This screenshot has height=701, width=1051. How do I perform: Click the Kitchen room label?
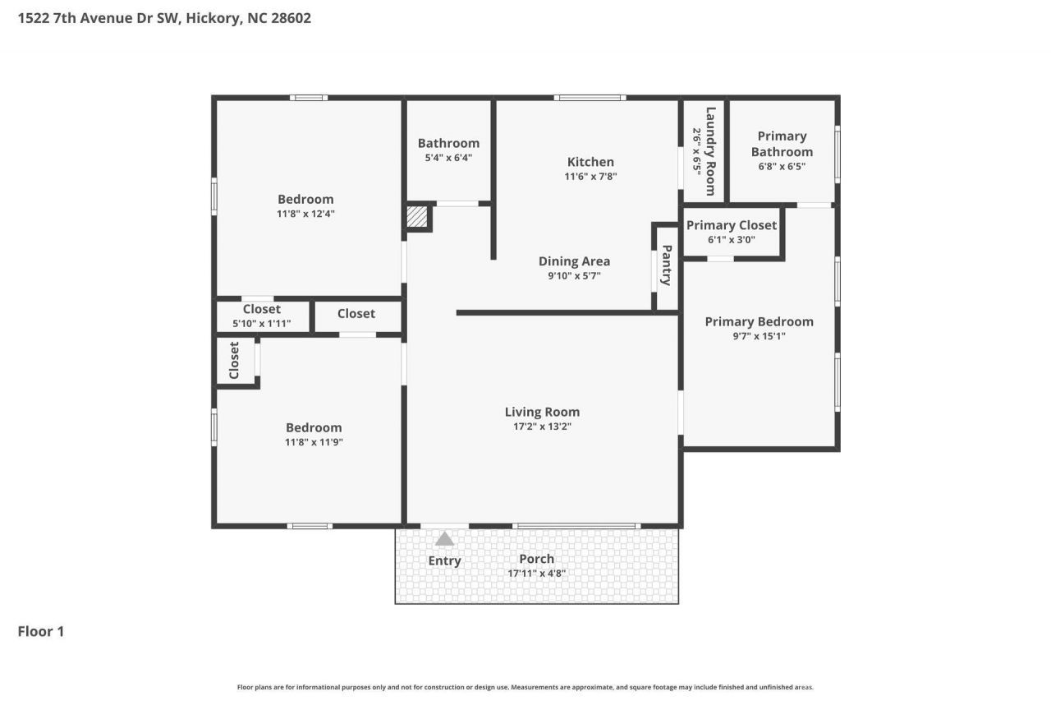click(x=590, y=162)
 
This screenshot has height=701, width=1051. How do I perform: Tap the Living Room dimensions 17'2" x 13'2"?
click(x=542, y=427)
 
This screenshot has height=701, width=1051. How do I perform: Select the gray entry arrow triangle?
click(x=444, y=538)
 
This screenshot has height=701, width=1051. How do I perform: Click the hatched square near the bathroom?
click(x=416, y=217)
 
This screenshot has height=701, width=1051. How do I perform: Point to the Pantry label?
click(x=666, y=265)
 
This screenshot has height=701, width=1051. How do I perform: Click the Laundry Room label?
click(x=710, y=151)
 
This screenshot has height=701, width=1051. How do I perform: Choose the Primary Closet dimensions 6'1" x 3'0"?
click(x=731, y=240)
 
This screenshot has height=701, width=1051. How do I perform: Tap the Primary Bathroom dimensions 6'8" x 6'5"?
click(x=782, y=166)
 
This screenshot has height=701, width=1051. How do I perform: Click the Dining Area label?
click(x=574, y=261)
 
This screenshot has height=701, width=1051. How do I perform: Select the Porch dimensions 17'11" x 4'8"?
click(x=536, y=574)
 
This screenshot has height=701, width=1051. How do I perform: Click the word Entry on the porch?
click(x=444, y=560)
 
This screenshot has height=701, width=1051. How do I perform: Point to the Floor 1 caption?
click(x=41, y=631)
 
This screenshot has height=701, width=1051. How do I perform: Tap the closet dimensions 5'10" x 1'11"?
click(x=261, y=324)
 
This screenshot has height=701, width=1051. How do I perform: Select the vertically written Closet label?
click(x=234, y=360)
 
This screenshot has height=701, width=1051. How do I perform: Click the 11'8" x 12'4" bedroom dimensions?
click(x=305, y=214)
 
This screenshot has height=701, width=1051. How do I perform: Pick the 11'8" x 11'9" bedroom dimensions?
click(x=314, y=442)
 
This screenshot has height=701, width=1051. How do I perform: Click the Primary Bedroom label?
click(x=760, y=321)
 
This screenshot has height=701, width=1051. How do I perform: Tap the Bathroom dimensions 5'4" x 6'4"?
click(x=448, y=158)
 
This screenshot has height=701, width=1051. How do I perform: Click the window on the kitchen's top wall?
click(x=590, y=98)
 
